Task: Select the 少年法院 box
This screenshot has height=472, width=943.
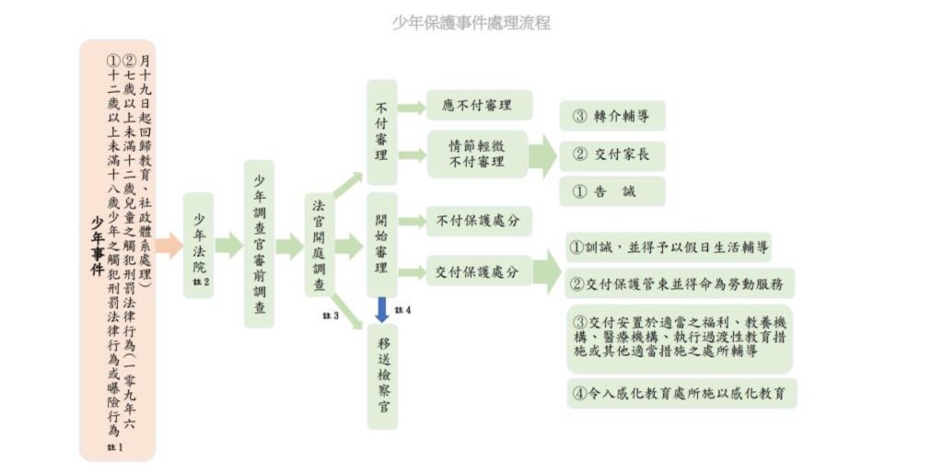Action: point(198,245)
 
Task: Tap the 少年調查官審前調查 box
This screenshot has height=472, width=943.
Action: point(260,245)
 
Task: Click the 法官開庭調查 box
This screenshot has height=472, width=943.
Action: point(320,245)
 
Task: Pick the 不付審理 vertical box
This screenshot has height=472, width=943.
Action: point(381,132)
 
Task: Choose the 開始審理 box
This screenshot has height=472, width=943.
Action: point(381,245)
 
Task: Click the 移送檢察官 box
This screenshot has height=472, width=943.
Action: point(381,376)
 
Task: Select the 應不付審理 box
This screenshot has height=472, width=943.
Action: point(479,105)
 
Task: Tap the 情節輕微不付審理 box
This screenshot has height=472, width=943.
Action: point(477,154)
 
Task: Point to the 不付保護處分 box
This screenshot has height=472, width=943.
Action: point(478,221)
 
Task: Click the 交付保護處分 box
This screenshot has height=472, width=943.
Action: point(478,271)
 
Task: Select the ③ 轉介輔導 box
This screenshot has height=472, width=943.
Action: point(611,116)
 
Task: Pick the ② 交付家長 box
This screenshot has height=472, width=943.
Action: point(611,154)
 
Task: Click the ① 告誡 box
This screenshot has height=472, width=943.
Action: point(611,191)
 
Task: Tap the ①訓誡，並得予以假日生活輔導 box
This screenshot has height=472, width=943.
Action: point(669,248)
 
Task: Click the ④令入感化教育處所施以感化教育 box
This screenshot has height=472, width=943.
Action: point(681,393)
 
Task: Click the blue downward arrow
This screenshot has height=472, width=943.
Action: point(381,309)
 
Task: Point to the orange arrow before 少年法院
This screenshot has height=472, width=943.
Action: point(169,245)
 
